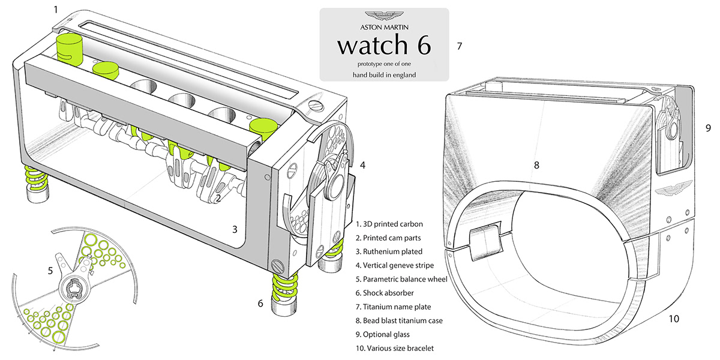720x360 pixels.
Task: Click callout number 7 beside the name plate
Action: [x=459, y=45]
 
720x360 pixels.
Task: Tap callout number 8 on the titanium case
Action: [x=538, y=164]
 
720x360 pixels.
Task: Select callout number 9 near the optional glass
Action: [x=708, y=128]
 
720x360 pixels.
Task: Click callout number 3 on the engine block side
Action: [x=235, y=229]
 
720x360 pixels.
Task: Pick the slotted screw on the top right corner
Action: [x=317, y=106]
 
